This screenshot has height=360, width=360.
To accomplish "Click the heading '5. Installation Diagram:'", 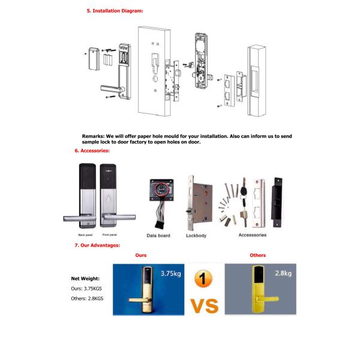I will pos(115,11).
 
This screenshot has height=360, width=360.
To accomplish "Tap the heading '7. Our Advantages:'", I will pos(97,245).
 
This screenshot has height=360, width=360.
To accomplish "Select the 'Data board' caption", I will pos(158,235).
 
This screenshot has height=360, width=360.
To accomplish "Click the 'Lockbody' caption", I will pos(196,235).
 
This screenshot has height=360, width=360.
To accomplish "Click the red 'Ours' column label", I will pos(141,256).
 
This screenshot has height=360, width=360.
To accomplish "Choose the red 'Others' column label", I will pos(257,256).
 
